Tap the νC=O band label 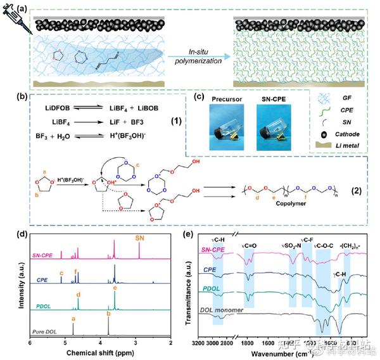tap(251, 244)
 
